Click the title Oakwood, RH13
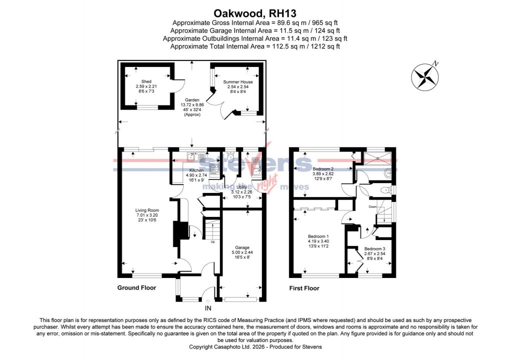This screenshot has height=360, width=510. [x=254, y=12]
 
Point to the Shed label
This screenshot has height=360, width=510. [x=146, y=81]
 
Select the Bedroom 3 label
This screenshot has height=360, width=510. [x=374, y=249]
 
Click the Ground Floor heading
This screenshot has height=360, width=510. [x=136, y=288]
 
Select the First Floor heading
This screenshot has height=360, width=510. [x=304, y=288]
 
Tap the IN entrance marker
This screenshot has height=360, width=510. [x=208, y=308]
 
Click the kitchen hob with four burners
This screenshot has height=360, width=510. [x=214, y=170]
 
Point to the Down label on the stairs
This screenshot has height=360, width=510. [x=372, y=205]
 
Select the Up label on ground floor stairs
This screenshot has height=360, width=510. [x=212, y=242]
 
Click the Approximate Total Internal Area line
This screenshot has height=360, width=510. [x=254, y=46]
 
